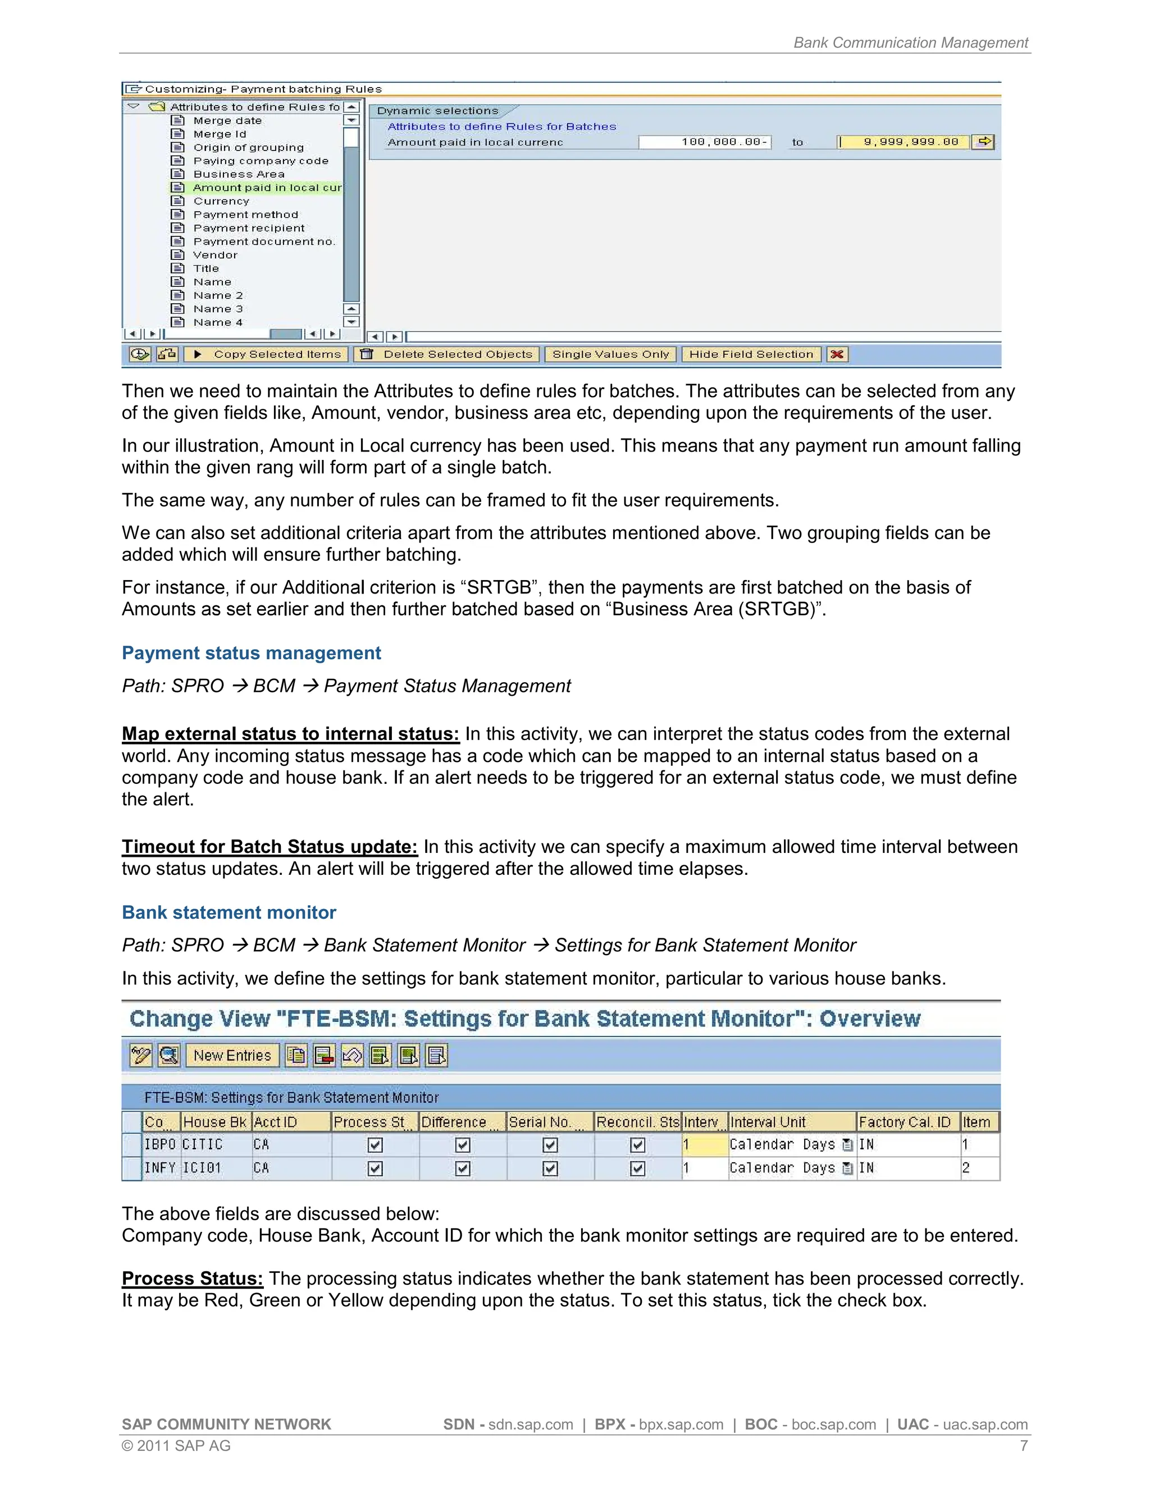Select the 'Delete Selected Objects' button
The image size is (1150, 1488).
click(x=447, y=354)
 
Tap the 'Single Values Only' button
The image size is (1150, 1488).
click(x=610, y=354)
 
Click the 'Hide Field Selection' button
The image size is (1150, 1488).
click(x=751, y=354)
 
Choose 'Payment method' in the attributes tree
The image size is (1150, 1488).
click(x=245, y=214)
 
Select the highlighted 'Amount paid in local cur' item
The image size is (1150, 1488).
click(x=266, y=188)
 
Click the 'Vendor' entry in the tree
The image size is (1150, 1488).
click(x=215, y=255)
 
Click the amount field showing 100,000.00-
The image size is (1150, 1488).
click(x=705, y=142)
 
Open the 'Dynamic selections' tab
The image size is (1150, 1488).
click(x=438, y=111)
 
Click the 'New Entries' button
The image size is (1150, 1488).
click(x=232, y=1056)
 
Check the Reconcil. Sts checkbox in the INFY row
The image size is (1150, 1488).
click(x=638, y=1169)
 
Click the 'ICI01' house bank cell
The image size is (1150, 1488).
click(x=202, y=1168)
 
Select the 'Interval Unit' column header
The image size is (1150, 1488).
click(x=768, y=1122)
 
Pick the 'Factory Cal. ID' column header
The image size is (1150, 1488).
click(x=904, y=1122)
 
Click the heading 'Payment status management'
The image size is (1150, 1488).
click(x=252, y=652)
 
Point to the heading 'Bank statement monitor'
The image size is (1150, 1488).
click(x=229, y=912)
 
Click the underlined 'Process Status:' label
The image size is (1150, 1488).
click(x=192, y=1278)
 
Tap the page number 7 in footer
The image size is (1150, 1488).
click(x=1023, y=1446)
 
